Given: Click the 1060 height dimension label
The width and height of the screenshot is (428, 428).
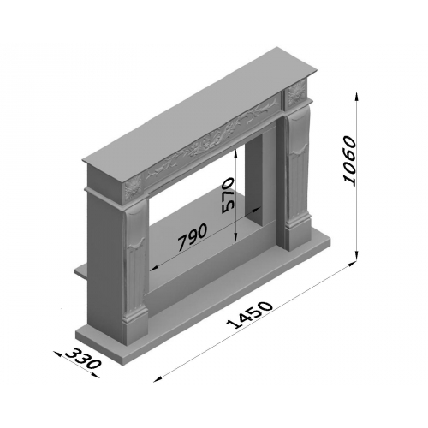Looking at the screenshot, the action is (x=350, y=161).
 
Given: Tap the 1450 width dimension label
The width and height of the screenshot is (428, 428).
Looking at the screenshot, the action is (x=250, y=314).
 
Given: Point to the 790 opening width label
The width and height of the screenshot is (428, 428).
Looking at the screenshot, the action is (x=193, y=236).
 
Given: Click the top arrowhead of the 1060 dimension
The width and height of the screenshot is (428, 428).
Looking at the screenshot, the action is (x=356, y=95).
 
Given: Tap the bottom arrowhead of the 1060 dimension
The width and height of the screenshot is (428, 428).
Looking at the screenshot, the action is (x=356, y=256).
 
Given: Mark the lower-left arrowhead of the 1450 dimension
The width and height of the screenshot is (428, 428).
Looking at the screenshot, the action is (x=158, y=379).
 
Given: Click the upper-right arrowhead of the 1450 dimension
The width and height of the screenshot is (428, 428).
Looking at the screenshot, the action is (x=352, y=264).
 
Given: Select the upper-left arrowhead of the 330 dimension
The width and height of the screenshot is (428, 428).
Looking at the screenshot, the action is (x=57, y=354).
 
